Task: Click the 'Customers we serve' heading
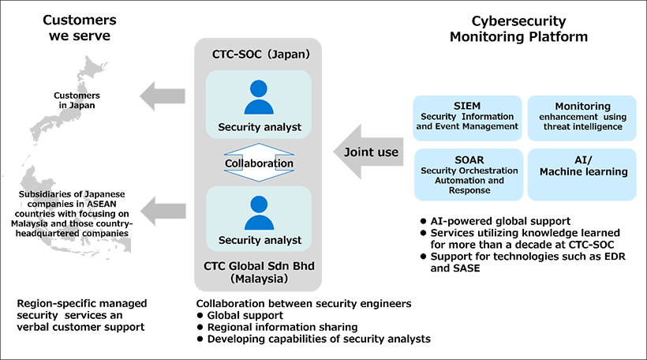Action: pyautogui.click(x=78, y=28)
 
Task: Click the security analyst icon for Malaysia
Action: pyautogui.click(x=259, y=212)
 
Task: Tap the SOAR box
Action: pyautogui.click(x=468, y=174)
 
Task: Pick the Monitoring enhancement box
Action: pyautogui.click(x=582, y=117)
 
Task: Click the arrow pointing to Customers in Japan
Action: pyautogui.click(x=163, y=96)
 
